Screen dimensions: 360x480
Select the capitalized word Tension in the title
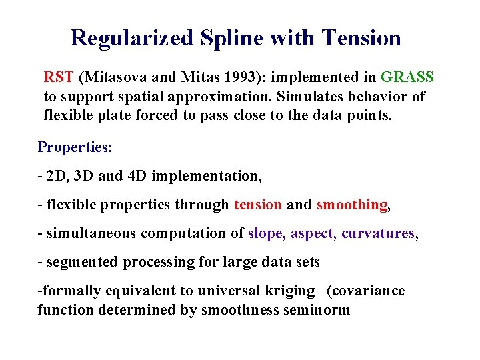point(362,38)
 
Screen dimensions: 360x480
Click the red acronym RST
point(59,77)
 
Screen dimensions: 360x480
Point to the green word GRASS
point(407,77)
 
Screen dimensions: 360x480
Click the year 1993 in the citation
point(223,77)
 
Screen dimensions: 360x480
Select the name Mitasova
point(111,77)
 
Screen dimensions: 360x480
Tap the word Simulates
point(315,97)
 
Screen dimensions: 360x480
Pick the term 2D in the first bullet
point(55,176)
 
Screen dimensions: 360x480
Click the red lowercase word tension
point(257,205)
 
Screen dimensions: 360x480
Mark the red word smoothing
point(351,205)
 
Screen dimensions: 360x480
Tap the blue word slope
point(266,233)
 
